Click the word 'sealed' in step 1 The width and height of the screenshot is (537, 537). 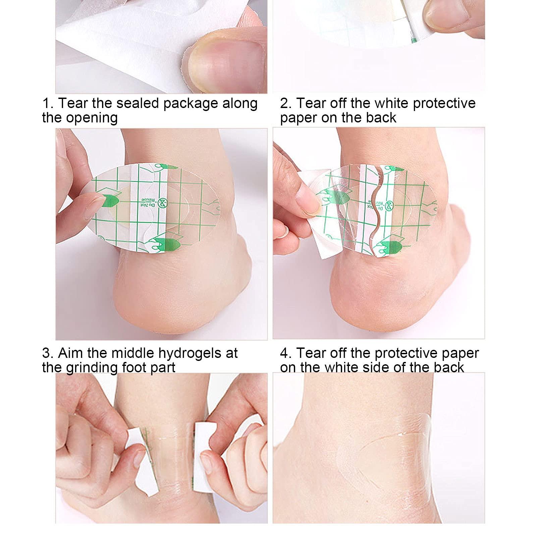coord(138,103)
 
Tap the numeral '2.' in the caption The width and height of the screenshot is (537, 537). coord(286,103)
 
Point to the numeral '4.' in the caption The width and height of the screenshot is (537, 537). coord(286,353)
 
